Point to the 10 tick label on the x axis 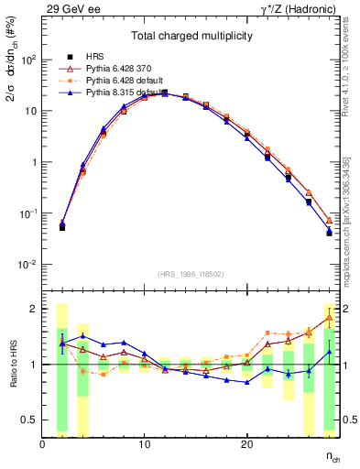point(144,445)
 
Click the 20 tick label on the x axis point(246,445)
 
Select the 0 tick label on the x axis point(42,445)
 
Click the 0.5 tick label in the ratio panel point(30,420)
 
